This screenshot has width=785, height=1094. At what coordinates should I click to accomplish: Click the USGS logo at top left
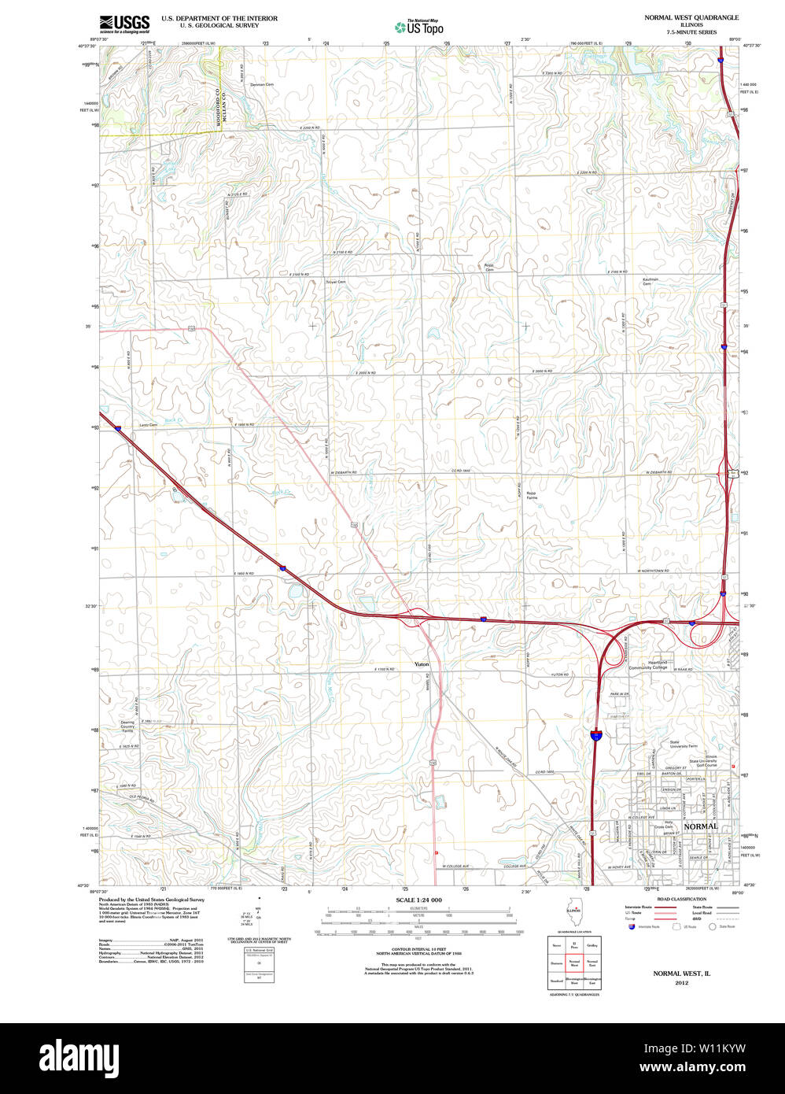(124, 24)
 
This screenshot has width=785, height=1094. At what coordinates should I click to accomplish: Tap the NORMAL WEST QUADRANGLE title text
(691, 17)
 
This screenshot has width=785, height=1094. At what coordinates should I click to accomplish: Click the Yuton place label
(422, 664)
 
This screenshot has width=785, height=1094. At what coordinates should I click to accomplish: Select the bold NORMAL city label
(700, 826)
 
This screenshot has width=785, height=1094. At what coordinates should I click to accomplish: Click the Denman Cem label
(262, 84)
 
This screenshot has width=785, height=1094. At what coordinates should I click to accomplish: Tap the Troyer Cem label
(336, 281)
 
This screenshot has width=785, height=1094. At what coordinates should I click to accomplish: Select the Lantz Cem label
(148, 425)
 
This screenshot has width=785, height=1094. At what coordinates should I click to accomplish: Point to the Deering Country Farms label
(127, 726)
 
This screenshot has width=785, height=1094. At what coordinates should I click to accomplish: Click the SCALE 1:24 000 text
(418, 900)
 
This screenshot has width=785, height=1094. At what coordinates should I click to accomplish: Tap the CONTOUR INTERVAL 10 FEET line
(418, 951)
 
